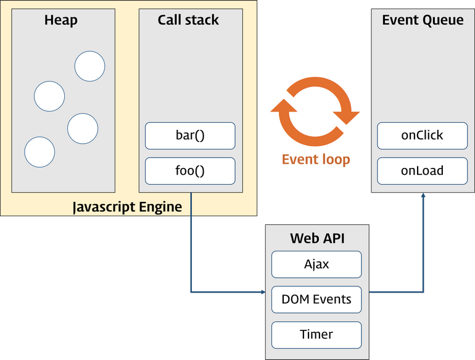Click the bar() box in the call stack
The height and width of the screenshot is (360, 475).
(x=190, y=136)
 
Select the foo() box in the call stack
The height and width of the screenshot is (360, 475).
(x=190, y=171)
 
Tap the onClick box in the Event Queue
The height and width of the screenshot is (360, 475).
(x=423, y=136)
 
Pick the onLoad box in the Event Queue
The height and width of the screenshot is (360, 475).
(x=423, y=171)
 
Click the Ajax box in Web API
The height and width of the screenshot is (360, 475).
(x=316, y=264)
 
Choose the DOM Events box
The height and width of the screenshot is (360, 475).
(x=316, y=299)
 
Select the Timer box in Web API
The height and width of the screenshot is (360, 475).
(x=316, y=335)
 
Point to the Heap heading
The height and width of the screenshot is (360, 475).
(x=61, y=20)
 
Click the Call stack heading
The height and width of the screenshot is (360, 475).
(x=188, y=20)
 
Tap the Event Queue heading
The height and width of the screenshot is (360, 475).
(x=423, y=20)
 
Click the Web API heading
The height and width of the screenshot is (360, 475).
(x=317, y=238)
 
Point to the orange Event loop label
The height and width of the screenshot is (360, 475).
(x=316, y=159)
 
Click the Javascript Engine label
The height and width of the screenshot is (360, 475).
(x=127, y=207)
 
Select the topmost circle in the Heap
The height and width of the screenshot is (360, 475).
(x=89, y=66)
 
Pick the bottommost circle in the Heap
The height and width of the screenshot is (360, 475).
(x=39, y=152)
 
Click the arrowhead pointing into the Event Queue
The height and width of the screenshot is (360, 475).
(x=423, y=195)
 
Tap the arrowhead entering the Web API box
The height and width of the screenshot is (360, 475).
(x=263, y=292)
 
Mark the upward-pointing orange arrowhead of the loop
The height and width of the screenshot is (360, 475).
(x=284, y=106)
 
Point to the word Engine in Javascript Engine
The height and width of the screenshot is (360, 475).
(x=160, y=207)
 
